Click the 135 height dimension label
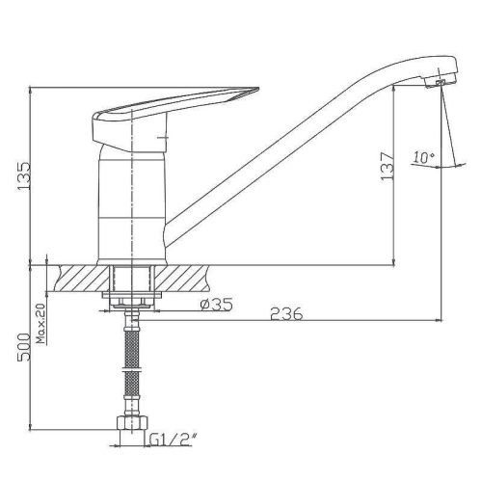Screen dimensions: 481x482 24,176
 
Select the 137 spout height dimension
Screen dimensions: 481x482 387,166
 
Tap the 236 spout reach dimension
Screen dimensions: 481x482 286,314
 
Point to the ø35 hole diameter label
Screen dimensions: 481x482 216,304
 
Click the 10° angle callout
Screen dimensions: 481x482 424,157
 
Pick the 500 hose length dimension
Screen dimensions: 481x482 24,347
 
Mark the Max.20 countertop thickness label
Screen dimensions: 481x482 41,323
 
